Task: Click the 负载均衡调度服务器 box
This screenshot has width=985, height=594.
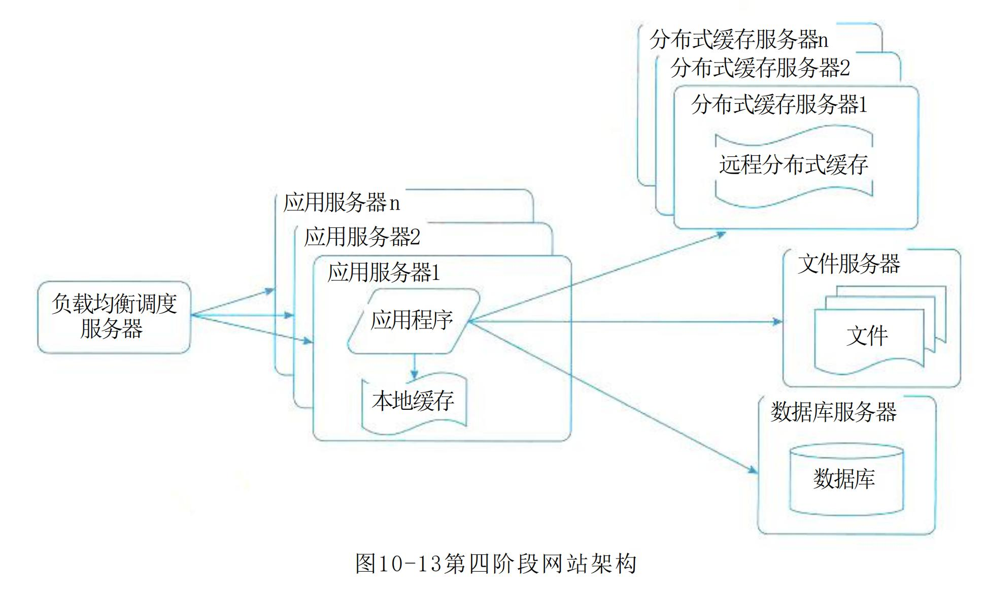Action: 114,317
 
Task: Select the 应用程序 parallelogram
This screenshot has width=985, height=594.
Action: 412,321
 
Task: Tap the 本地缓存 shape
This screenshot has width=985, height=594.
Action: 413,402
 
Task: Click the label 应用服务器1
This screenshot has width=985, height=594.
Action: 384,273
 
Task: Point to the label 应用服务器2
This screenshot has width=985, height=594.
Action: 362,237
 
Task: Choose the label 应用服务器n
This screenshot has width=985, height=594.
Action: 341,203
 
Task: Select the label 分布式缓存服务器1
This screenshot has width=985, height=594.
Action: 779,105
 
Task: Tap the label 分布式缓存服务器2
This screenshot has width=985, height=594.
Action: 760,68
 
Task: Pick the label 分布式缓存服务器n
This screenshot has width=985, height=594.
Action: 738,40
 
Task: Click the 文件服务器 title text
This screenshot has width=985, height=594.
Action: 848,264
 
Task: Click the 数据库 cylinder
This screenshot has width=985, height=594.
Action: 846,479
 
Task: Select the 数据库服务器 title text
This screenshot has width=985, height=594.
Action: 833,412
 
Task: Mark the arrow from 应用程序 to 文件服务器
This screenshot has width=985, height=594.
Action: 624,321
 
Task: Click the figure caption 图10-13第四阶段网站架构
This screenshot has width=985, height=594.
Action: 495,564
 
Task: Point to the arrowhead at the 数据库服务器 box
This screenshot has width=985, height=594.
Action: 753,470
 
